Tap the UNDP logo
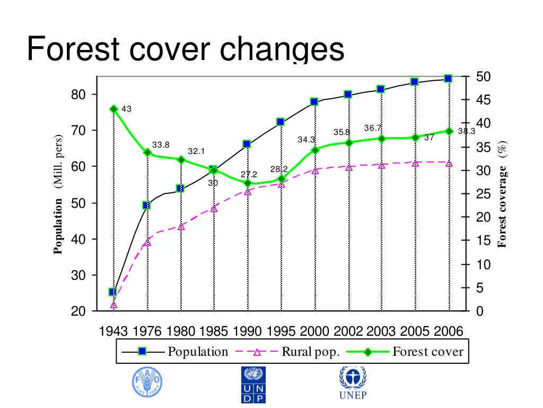click(x=253, y=384)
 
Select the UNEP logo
click(x=353, y=383)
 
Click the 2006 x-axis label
click(x=449, y=331)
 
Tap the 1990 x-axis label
click(x=248, y=331)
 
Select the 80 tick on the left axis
click(x=78, y=95)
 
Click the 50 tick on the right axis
click(x=483, y=78)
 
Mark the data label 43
click(x=126, y=109)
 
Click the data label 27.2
click(x=249, y=174)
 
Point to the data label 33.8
click(x=161, y=145)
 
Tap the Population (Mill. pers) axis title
click(x=58, y=194)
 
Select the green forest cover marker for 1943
click(x=113, y=109)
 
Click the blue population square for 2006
click(x=448, y=79)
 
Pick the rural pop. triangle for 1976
click(x=147, y=242)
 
